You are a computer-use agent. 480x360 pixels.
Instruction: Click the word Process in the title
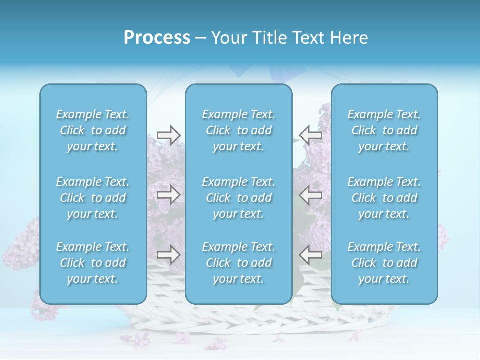click(157, 38)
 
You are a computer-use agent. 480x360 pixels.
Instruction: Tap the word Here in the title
click(348, 38)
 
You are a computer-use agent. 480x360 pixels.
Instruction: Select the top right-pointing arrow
click(169, 135)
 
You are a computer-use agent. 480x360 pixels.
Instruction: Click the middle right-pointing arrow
click(169, 195)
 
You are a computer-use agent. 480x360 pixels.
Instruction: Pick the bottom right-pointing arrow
click(169, 255)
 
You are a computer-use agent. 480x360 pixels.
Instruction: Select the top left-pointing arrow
click(310, 135)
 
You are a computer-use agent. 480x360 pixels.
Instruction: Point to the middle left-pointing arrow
click(310, 195)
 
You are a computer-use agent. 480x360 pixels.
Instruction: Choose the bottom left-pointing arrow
click(310, 255)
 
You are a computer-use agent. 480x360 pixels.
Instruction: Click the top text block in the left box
click(93, 130)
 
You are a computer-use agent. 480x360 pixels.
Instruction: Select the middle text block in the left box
click(93, 198)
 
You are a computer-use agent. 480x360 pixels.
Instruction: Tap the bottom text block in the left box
click(93, 263)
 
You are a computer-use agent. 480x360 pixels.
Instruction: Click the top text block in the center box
click(239, 130)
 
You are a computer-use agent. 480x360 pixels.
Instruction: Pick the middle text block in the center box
click(239, 198)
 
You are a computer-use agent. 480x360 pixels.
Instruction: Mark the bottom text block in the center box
click(239, 263)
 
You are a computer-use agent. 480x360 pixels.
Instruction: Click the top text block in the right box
click(384, 130)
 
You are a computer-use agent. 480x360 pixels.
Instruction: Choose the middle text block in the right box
click(384, 198)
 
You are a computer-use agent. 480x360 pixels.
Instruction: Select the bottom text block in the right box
click(384, 263)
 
